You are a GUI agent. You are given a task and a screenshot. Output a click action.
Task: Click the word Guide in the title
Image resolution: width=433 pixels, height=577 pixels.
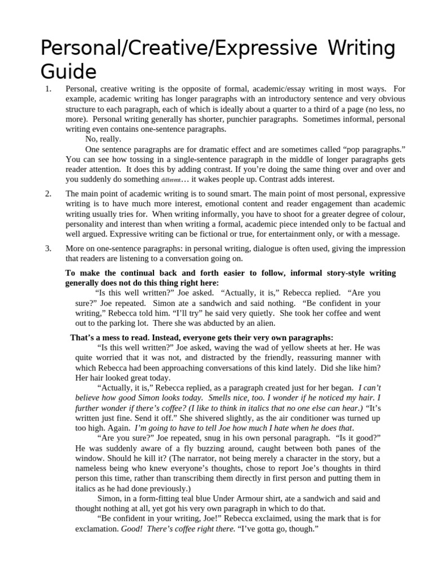coord(69,72)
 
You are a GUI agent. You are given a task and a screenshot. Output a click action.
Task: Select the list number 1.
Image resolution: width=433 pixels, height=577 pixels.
coord(48,89)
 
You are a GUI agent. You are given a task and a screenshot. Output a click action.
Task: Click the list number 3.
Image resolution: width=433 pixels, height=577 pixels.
coord(48,248)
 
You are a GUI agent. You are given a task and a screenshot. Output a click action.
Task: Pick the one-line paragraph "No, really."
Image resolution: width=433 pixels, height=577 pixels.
coord(103,139)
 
